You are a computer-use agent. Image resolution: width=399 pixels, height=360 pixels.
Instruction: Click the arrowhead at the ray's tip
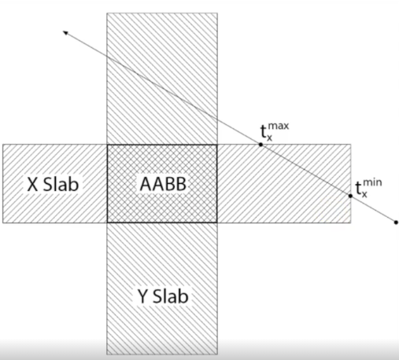(x=65, y=32)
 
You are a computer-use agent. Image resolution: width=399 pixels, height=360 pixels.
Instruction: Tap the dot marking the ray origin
(x=396, y=222)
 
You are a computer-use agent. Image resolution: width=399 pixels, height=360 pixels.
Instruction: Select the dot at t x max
(x=260, y=145)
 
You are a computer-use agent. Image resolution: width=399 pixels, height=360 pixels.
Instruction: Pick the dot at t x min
(x=350, y=196)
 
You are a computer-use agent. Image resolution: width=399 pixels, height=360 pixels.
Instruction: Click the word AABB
(x=163, y=184)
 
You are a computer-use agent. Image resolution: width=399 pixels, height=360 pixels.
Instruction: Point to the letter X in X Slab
(x=32, y=184)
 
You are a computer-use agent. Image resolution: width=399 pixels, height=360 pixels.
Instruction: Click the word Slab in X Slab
(x=61, y=184)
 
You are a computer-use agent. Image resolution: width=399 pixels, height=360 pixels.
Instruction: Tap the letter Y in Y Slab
(x=142, y=296)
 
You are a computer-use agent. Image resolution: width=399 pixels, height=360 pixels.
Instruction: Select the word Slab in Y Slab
(x=171, y=296)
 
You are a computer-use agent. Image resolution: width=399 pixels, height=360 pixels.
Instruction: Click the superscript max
(x=279, y=126)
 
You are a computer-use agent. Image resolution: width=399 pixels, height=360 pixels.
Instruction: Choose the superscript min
(x=372, y=182)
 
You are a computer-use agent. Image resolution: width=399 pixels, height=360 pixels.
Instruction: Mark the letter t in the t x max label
(x=264, y=131)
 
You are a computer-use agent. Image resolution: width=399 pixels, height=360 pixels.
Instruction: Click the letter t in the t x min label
(x=358, y=188)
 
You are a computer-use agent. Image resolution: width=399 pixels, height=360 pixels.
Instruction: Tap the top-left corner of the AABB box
(x=107, y=145)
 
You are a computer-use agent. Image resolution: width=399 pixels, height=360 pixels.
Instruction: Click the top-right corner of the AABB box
(x=217, y=145)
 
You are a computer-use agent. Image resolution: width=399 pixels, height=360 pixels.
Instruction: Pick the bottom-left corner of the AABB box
(x=107, y=222)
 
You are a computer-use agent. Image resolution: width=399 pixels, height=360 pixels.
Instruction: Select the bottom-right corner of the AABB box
(x=217, y=222)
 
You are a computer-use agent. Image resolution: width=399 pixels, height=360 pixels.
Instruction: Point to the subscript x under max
(x=269, y=138)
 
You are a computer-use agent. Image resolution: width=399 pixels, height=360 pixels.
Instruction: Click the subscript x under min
(x=364, y=194)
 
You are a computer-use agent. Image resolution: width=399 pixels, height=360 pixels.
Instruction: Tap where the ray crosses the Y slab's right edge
(x=217, y=119)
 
